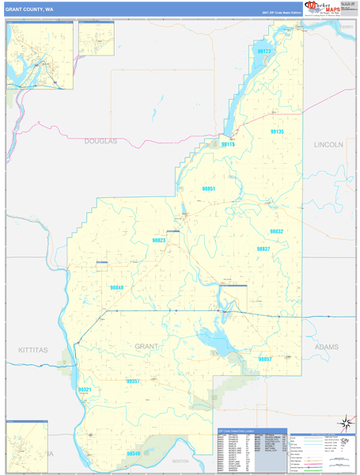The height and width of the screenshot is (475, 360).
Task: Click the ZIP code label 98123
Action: (x=264, y=51)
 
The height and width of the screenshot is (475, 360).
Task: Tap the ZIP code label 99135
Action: (x=277, y=132)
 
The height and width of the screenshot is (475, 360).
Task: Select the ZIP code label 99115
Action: (x=228, y=145)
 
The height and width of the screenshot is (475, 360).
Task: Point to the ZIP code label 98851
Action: (x=209, y=189)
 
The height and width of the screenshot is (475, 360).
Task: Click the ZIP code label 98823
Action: (x=159, y=240)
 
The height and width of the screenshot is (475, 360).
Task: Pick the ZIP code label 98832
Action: (x=276, y=231)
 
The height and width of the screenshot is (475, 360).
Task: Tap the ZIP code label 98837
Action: (x=263, y=249)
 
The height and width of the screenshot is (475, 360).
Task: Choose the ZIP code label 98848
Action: (x=117, y=287)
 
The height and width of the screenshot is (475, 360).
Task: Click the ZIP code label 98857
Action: (x=265, y=359)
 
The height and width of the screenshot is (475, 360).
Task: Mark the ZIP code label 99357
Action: (x=133, y=381)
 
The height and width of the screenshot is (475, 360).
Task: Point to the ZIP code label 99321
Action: (x=85, y=389)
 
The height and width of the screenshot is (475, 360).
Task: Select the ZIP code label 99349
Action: (x=134, y=454)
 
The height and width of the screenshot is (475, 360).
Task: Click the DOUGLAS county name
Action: (x=100, y=141)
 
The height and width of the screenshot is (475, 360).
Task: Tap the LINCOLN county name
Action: (x=328, y=145)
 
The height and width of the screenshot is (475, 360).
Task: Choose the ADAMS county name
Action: (x=325, y=347)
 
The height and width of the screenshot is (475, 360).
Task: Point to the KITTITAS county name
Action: (x=33, y=349)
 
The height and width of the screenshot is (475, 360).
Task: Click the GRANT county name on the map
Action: (x=146, y=346)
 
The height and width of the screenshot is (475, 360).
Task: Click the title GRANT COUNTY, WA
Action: (x=30, y=9)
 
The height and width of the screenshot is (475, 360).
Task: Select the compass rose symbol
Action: (x=344, y=424)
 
